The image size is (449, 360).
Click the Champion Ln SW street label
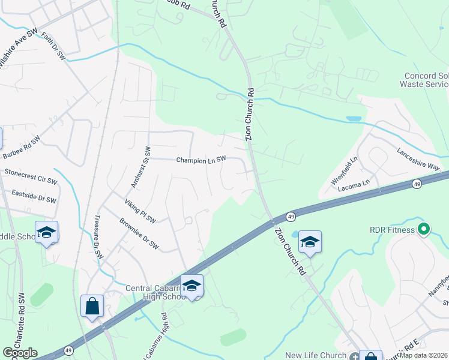point(200,160)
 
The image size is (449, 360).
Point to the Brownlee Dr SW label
point(139,234)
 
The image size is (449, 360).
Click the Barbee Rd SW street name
point(21,148)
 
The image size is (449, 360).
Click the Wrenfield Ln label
point(345,171)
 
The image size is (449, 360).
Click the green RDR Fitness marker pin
point(423,229)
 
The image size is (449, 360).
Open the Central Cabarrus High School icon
point(191,286)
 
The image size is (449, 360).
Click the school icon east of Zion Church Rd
point(310,242)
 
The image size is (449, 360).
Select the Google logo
point(20,353)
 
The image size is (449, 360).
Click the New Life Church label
point(316,356)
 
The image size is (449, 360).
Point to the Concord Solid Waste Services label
point(425,80)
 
